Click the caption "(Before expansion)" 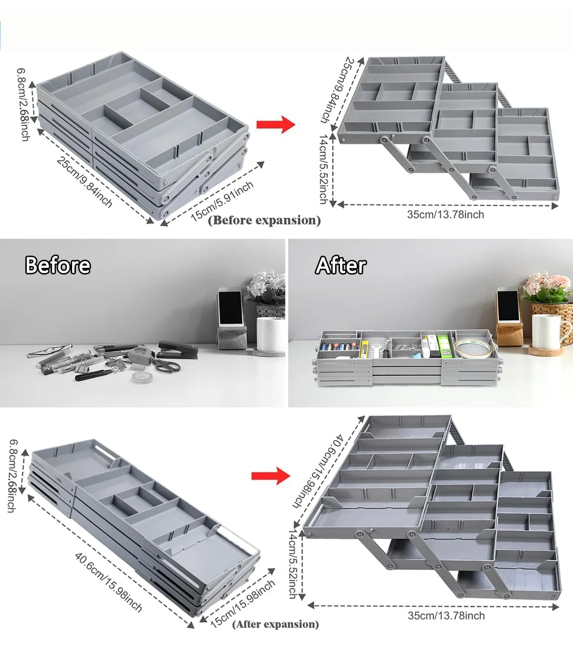click(265, 220)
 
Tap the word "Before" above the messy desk click(58, 265)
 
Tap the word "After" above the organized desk click(340, 265)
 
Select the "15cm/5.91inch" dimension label click(223, 202)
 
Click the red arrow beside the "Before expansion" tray click(276, 124)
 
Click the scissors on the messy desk click(165, 365)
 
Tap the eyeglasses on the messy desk click(50, 350)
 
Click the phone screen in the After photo click(508, 307)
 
